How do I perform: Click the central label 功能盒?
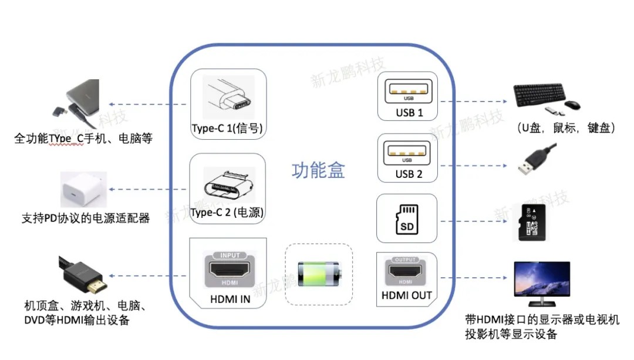tap(318, 170)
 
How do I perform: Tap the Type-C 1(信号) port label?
tap(227, 129)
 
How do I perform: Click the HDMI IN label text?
tap(230, 299)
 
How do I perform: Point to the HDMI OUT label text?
tap(406, 295)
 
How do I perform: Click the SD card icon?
tap(406, 218)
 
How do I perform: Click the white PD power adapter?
tap(83, 190)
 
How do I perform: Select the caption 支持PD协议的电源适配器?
tap(86, 218)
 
